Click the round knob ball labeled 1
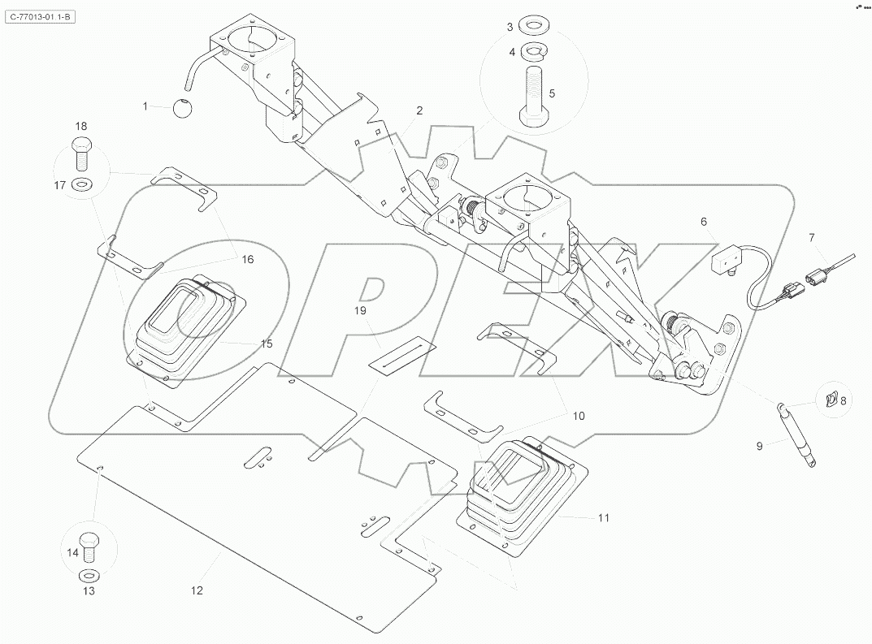click(x=184, y=108)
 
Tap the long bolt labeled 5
click(x=533, y=96)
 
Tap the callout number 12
click(x=197, y=590)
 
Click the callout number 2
click(x=420, y=110)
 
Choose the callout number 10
click(x=578, y=415)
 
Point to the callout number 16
click(x=247, y=260)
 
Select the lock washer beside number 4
click(x=533, y=53)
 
